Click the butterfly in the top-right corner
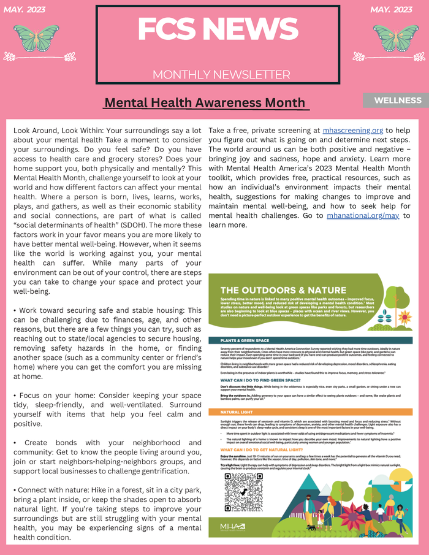click(396, 37)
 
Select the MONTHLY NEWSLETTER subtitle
click(221, 75)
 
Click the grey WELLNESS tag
click(398, 101)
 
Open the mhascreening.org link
click(353, 131)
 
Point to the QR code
click(243, 492)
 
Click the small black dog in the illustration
click(312, 527)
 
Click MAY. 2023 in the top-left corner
click(25, 10)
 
